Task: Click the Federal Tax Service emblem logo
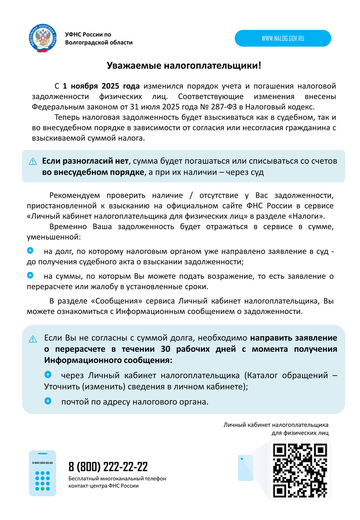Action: point(42,39)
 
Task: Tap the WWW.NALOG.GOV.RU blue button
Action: point(283,38)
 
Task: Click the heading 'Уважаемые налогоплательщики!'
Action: point(184,66)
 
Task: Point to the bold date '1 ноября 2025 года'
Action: point(101,86)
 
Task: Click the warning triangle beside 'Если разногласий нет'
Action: point(33,161)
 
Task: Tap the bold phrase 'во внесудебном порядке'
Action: point(93,172)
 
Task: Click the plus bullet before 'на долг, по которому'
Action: point(30,250)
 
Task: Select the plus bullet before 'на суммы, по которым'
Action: point(30,275)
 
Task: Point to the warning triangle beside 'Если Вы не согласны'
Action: point(33,339)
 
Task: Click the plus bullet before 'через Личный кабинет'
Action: point(48,375)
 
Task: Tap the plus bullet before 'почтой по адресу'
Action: point(48,401)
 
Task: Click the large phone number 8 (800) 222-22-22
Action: point(108,467)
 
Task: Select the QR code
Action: point(300,470)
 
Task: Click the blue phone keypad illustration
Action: point(42,473)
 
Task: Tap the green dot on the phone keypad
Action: point(42,488)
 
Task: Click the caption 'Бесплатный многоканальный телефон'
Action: point(117,479)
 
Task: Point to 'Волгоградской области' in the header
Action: point(99,43)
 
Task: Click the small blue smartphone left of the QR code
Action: point(246,468)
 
